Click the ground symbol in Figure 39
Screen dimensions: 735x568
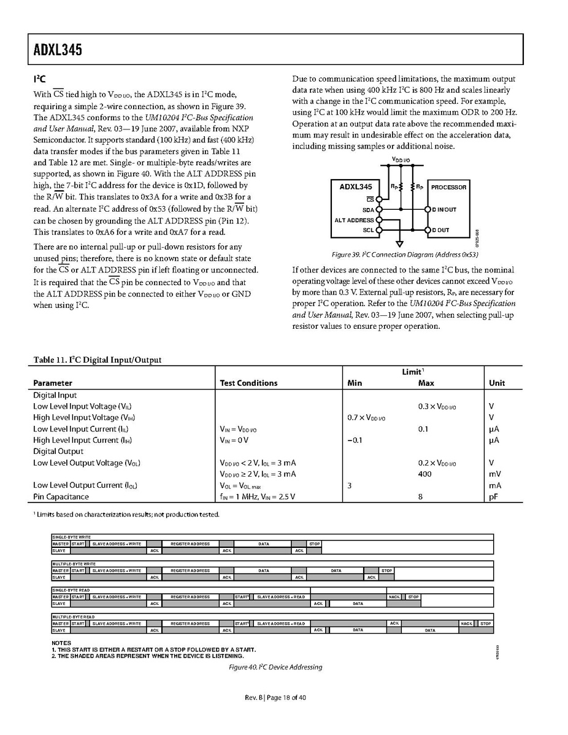tap(399, 244)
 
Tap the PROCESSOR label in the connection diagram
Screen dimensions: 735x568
tap(448, 187)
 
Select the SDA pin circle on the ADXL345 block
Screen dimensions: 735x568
tap(379, 209)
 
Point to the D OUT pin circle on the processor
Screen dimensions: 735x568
tap(428, 230)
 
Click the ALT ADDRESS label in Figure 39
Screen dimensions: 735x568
tap(354, 220)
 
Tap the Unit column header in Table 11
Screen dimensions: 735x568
tap(497, 383)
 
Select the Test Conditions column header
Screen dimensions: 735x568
tap(248, 383)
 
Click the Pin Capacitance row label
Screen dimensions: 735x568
tap(61, 496)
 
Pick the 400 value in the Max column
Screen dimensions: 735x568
tap(424, 474)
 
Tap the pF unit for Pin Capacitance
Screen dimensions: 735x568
tap(493, 496)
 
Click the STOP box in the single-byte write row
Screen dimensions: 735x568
tap(314, 544)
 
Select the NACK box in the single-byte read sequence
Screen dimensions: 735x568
tap(394, 596)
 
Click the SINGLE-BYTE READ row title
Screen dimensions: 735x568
tap(71, 590)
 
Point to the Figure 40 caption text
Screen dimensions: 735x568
tap(275, 667)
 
